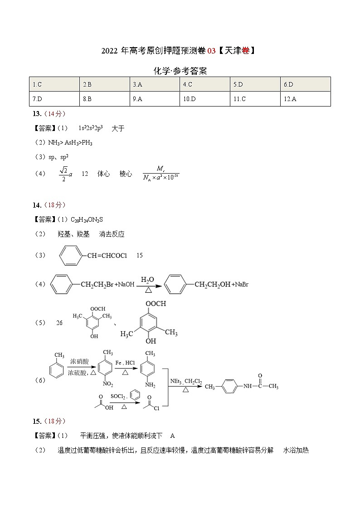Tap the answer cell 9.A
(x=137, y=99)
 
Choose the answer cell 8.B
(x=87, y=99)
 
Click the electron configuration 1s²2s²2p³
(x=91, y=128)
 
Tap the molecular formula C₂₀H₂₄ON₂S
(x=87, y=219)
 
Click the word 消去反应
(x=112, y=234)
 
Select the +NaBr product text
(x=240, y=284)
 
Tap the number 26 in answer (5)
(x=59, y=323)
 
